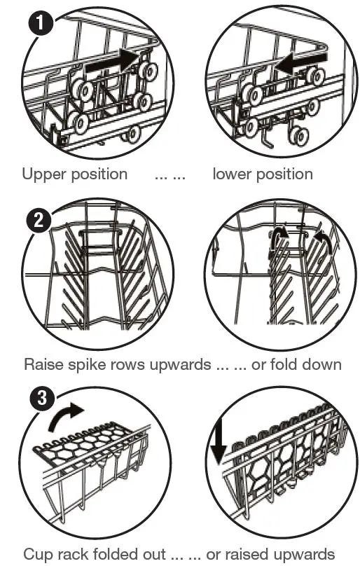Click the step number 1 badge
tap(40, 22)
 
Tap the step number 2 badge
tap(39, 220)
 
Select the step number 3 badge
tap(43, 397)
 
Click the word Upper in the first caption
tap(43, 174)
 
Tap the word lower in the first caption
tap(232, 174)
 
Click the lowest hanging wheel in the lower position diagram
tap(298, 137)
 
